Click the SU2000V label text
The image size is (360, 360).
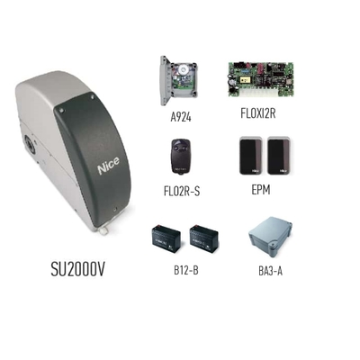pos(77,269)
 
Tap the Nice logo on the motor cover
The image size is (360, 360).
pos(108,166)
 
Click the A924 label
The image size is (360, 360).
pos(181,117)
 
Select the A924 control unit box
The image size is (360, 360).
pos(179,80)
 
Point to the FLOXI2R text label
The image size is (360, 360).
pos(258,113)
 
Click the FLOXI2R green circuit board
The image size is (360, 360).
pos(261,79)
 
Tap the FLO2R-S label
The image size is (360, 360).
pos(182,191)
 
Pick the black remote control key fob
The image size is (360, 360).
pos(182,156)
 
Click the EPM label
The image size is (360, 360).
pos(261,190)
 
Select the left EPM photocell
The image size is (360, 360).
pos(251,156)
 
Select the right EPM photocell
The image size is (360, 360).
pos(279,156)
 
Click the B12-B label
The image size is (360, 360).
pos(186,270)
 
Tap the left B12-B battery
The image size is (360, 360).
pos(166,239)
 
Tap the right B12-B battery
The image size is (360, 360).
pos(204,238)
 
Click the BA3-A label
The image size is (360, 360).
pos(270,271)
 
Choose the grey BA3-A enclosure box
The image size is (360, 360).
pos(271,239)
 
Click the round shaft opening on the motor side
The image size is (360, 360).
pos(30,145)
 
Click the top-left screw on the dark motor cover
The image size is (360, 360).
pos(61,110)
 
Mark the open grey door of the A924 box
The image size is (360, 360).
pos(164,80)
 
